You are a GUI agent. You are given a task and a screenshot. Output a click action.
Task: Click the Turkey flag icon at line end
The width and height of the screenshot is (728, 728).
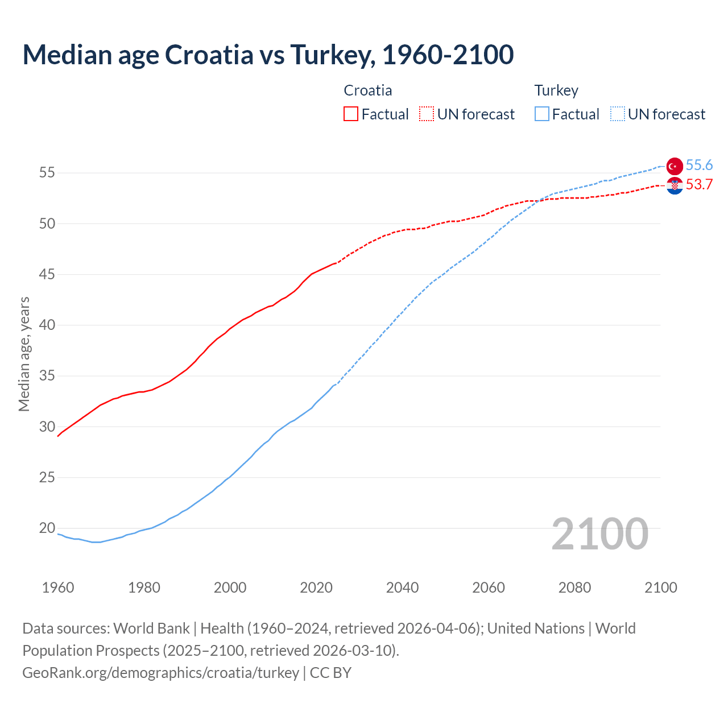click(675, 166)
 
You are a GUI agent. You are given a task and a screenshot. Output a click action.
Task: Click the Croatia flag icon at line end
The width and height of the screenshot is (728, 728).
click(675, 185)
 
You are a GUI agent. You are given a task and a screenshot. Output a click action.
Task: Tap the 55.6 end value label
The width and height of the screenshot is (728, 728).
click(699, 166)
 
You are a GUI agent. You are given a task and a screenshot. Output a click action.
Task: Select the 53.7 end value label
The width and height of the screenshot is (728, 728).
click(699, 185)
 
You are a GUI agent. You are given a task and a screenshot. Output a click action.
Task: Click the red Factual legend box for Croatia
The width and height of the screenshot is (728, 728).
click(351, 114)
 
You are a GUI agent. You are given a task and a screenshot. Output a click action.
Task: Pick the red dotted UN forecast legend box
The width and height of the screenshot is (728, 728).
click(427, 114)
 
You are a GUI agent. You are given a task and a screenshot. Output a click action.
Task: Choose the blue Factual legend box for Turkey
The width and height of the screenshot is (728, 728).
click(542, 114)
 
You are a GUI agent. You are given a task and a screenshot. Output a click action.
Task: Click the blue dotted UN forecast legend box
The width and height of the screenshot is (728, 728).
click(618, 114)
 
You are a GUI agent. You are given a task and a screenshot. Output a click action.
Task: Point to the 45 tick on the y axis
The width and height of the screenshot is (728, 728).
click(47, 275)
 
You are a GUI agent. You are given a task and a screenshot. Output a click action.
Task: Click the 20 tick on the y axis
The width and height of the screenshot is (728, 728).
click(47, 528)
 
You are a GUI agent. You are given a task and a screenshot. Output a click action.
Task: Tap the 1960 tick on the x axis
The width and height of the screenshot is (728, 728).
click(58, 588)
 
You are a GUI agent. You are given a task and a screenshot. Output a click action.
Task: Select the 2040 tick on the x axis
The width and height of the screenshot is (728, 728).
click(403, 588)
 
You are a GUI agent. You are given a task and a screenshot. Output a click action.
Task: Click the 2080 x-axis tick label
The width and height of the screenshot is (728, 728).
click(574, 588)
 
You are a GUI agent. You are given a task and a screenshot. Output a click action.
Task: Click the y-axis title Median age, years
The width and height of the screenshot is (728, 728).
click(24, 354)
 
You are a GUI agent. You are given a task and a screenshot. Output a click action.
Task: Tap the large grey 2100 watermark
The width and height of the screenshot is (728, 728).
click(599, 534)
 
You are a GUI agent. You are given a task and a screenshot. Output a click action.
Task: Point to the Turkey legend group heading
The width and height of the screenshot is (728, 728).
click(556, 90)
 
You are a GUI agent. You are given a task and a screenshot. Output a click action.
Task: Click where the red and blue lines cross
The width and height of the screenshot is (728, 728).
click(538, 201)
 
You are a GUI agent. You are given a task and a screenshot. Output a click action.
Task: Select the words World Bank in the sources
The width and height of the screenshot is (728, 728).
click(151, 628)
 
